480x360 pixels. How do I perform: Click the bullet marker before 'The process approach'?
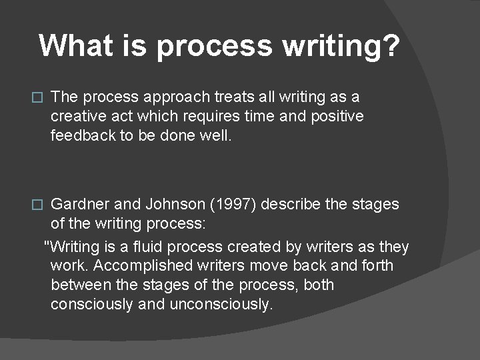click(37, 97)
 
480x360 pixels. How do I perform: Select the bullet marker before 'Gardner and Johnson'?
click(37, 205)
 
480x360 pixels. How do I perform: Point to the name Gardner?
click(77, 204)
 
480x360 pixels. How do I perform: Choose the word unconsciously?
click(221, 305)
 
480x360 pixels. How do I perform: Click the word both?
click(319, 285)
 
